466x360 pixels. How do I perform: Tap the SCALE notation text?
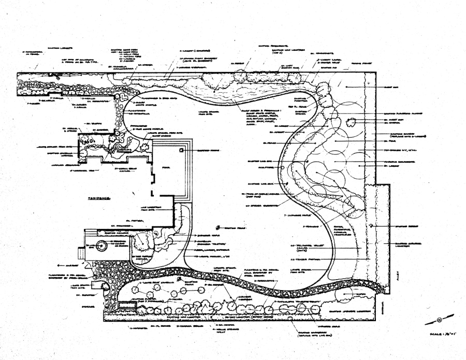[x=441, y=335]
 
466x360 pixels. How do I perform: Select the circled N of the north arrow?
[x=439, y=320]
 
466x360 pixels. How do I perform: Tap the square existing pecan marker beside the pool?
[x=182, y=150]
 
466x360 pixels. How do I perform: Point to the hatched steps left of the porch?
[x=80, y=253]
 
